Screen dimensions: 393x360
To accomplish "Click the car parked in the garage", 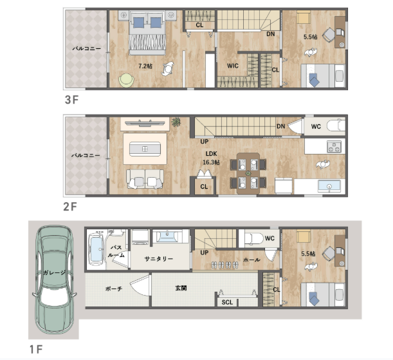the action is pyautogui.click(x=55, y=279).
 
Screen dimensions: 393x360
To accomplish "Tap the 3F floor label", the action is pyautogui.click(x=71, y=100).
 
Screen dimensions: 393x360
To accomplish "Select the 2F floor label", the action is pyautogui.click(x=70, y=207).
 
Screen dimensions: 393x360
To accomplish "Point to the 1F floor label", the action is pyautogui.click(x=36, y=349).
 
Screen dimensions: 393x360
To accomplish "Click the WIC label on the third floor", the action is pyautogui.click(x=233, y=66).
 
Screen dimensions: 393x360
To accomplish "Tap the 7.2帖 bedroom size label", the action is pyautogui.click(x=145, y=66).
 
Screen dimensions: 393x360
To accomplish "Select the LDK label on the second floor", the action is pyautogui.click(x=211, y=154).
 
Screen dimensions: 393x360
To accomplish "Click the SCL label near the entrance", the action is pyautogui.click(x=227, y=302).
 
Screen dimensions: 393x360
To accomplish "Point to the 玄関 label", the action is pyautogui.click(x=181, y=288).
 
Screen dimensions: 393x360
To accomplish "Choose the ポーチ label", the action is pyautogui.click(x=114, y=289).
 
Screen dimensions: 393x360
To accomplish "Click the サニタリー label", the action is pyautogui.click(x=159, y=259).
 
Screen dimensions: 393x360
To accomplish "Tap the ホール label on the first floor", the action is pyautogui.click(x=251, y=260).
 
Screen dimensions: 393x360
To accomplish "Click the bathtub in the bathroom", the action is pyautogui.click(x=96, y=249).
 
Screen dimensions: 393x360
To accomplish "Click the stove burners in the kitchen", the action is pyautogui.click(x=334, y=146).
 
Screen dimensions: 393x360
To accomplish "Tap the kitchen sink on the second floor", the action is pyautogui.click(x=329, y=186).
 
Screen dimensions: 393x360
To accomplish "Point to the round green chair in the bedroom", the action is pyautogui.click(x=126, y=81).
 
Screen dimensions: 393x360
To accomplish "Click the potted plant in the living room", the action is pyautogui.click(x=176, y=122).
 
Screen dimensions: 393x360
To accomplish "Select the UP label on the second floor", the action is pyautogui.click(x=205, y=142).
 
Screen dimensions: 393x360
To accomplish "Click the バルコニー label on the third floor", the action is pyautogui.click(x=87, y=48).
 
